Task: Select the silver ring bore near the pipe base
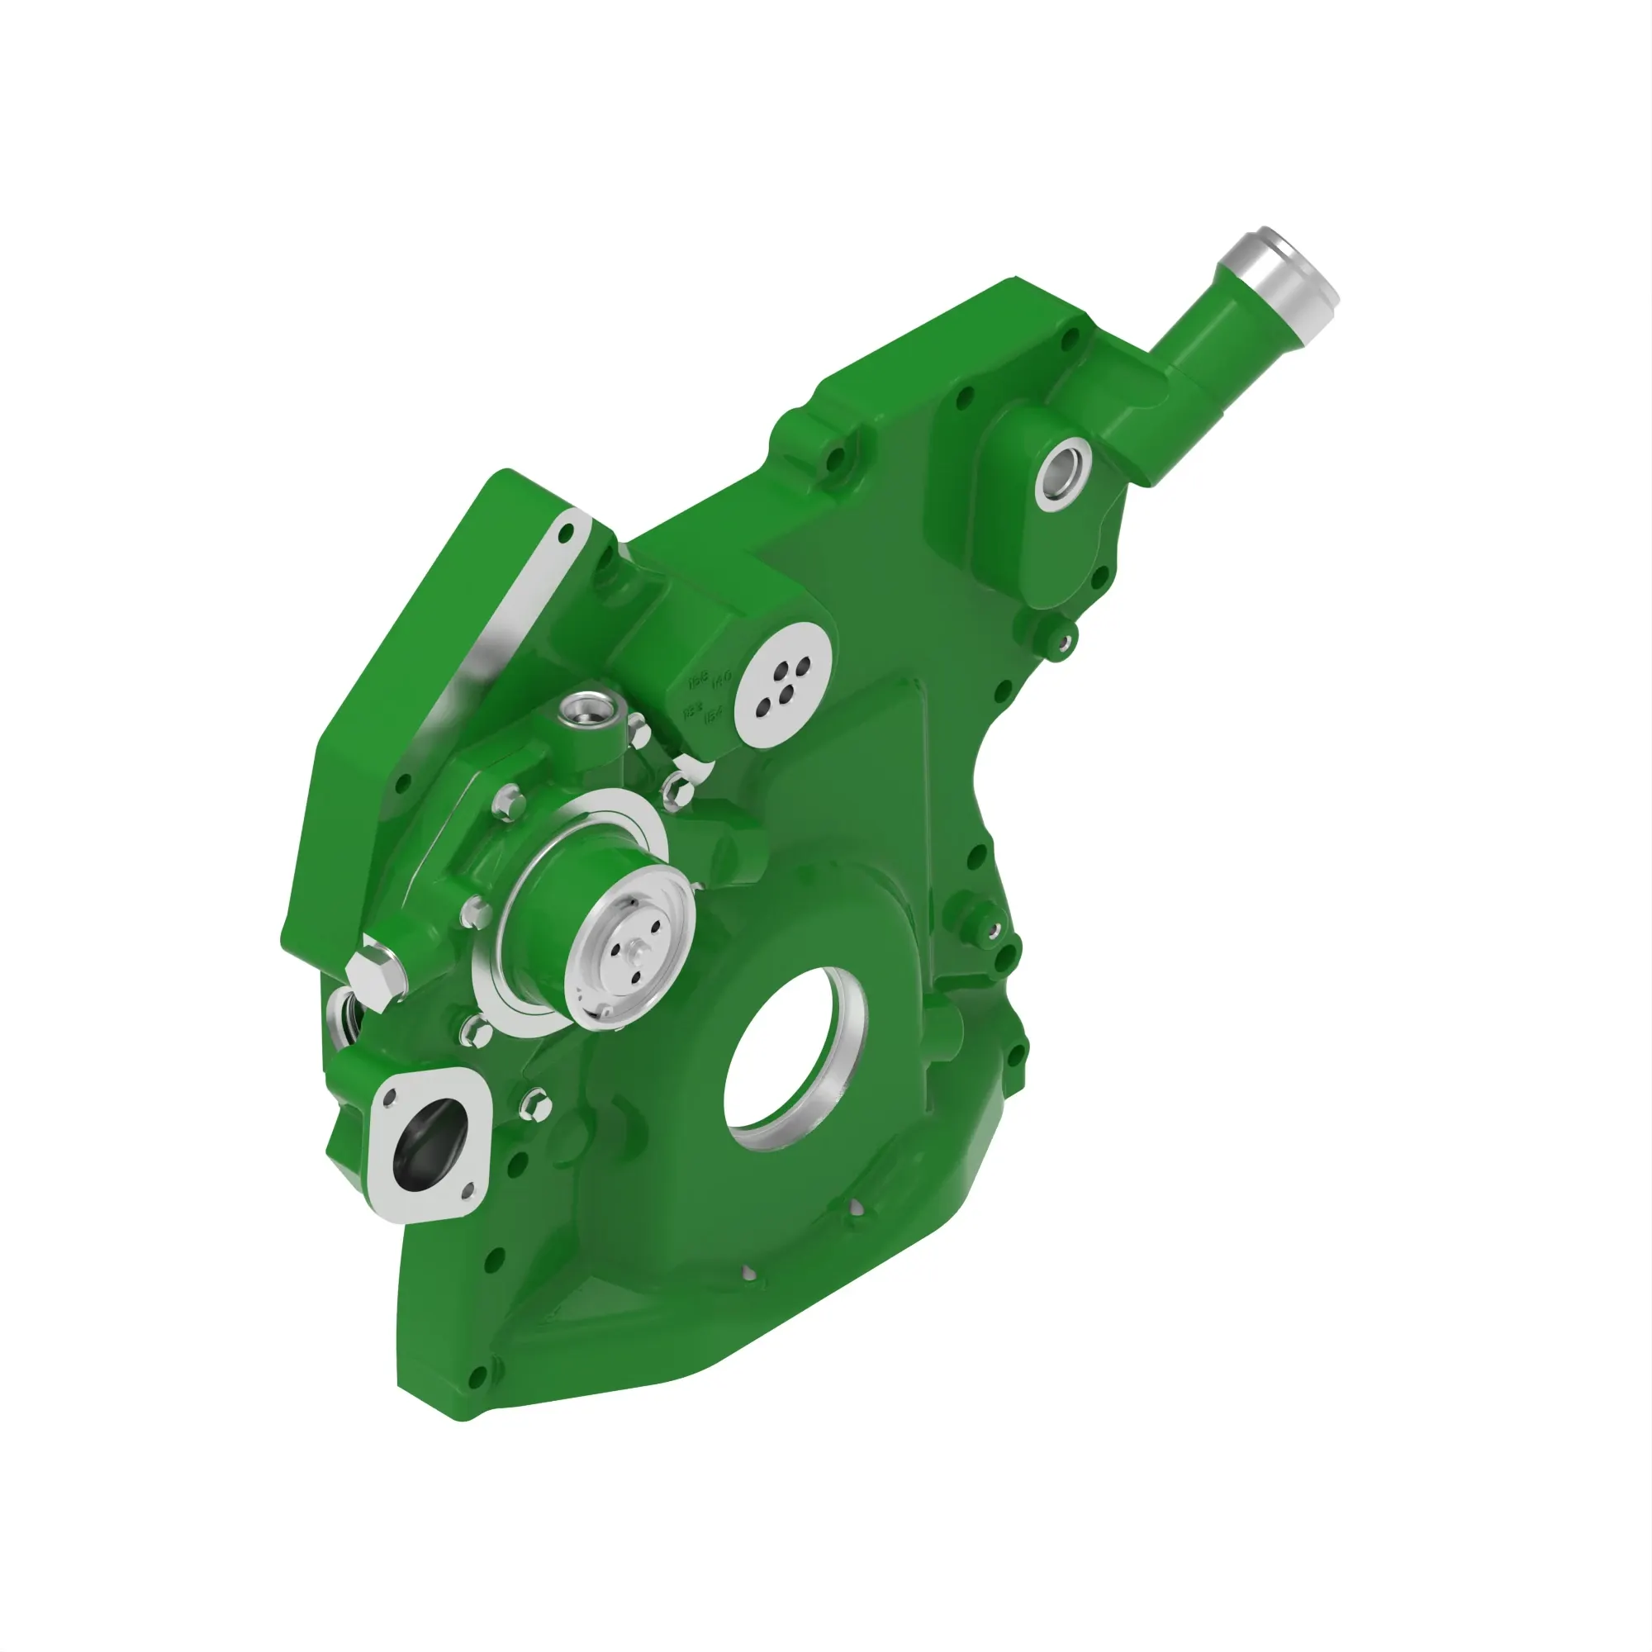click(1063, 470)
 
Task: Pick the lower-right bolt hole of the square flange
click(467, 1189)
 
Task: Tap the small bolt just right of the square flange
click(535, 1104)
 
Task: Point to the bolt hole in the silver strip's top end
click(564, 534)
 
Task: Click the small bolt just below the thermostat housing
click(1063, 642)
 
